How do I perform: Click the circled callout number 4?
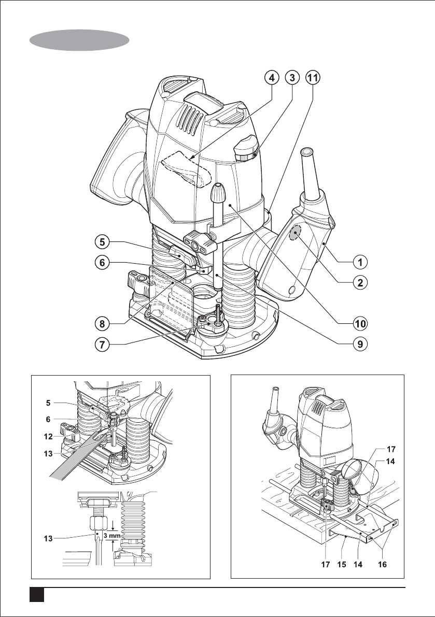click(x=270, y=78)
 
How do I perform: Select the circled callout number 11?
click(x=313, y=78)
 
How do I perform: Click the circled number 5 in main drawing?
click(x=103, y=241)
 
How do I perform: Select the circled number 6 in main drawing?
click(x=103, y=263)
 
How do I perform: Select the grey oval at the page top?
click(x=79, y=39)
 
